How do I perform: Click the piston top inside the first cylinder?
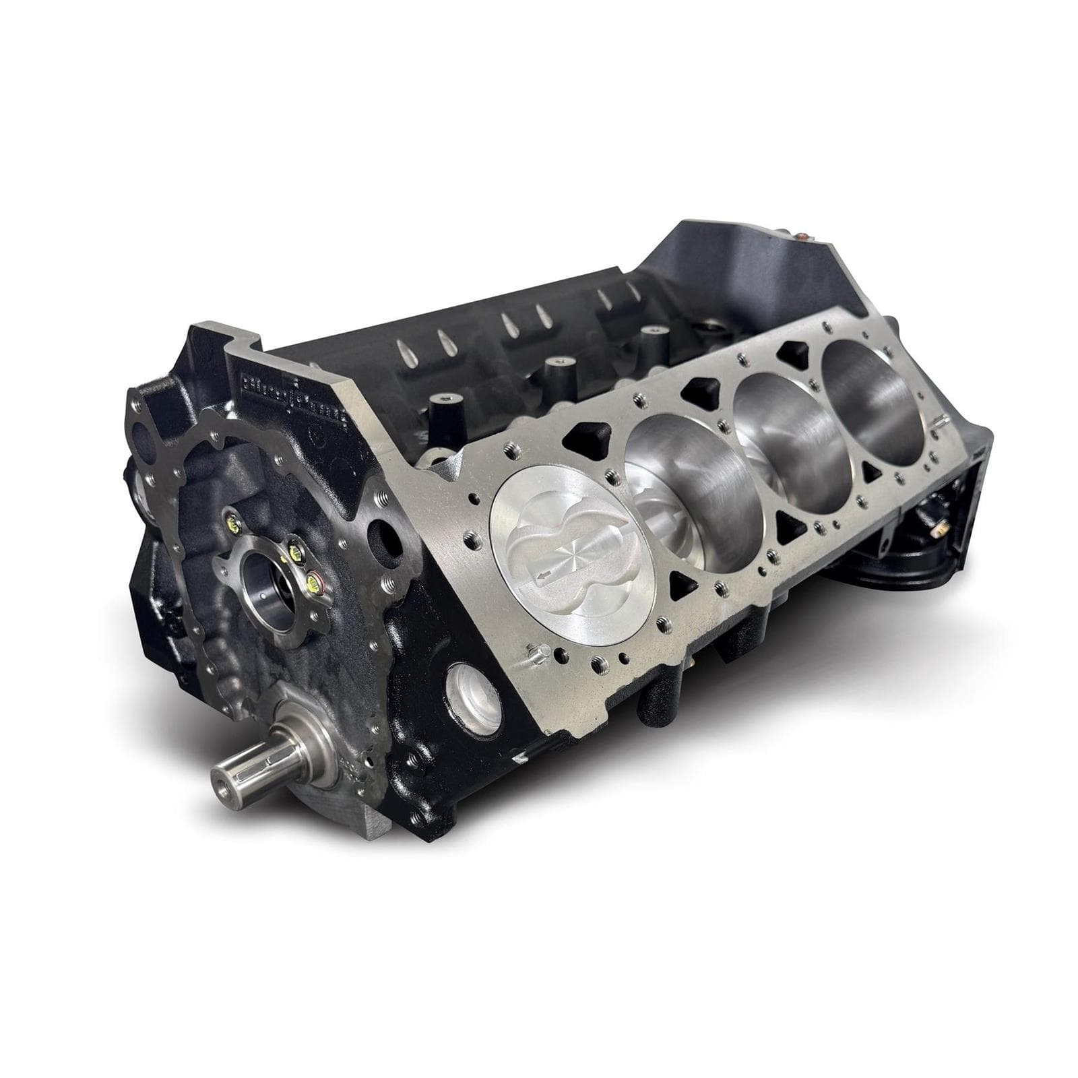[564, 538]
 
